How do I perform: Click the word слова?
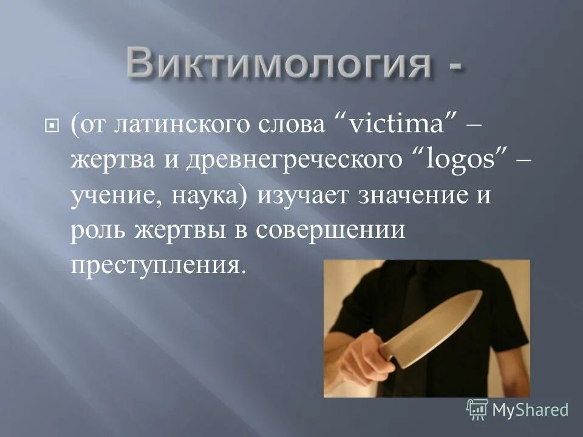coord(298,126)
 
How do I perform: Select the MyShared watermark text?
coord(530,409)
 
